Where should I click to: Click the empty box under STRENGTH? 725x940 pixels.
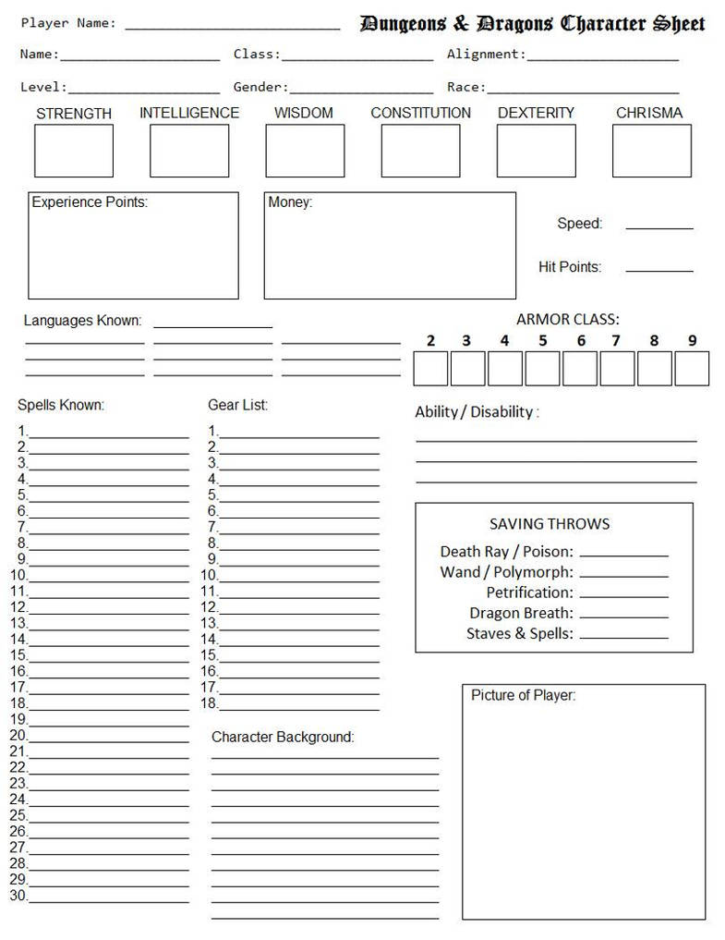(74, 151)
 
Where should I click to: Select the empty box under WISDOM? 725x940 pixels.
(305, 151)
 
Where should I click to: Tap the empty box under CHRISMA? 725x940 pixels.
(651, 151)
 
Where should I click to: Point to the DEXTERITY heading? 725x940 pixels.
(536, 113)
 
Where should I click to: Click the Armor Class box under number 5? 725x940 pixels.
(542, 369)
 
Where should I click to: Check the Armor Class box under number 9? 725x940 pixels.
(692, 369)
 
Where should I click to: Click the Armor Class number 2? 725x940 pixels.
(430, 341)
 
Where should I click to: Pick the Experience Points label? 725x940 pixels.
(90, 201)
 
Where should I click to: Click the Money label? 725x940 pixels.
(290, 201)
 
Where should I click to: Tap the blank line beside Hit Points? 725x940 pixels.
(659, 270)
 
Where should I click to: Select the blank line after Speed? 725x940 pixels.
(659, 226)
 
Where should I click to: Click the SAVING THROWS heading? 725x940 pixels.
(550, 524)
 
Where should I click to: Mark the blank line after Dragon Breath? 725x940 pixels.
(623, 616)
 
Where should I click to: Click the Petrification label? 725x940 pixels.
(529, 592)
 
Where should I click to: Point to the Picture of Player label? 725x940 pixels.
(523, 695)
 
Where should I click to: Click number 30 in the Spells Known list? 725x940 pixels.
(18, 896)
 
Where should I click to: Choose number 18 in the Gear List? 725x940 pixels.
(210, 703)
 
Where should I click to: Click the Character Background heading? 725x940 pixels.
(283, 737)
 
